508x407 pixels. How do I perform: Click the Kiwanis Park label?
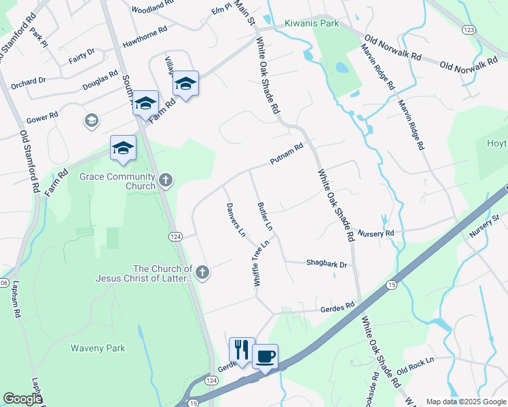[311, 23]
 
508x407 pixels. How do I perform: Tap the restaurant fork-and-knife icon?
[242, 350]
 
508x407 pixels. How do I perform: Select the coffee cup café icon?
[265, 355]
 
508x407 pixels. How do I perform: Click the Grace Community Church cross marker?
[166, 180]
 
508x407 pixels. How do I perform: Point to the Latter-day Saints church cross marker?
[201, 272]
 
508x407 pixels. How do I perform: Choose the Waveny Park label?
[98, 348]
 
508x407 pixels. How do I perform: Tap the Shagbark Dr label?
[327, 265]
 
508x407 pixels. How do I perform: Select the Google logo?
[22, 399]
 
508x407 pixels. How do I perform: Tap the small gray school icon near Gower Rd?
[90, 121]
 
